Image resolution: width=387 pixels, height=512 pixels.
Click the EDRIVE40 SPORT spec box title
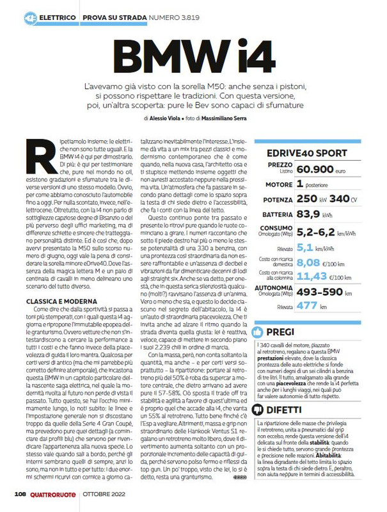click(311, 153)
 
